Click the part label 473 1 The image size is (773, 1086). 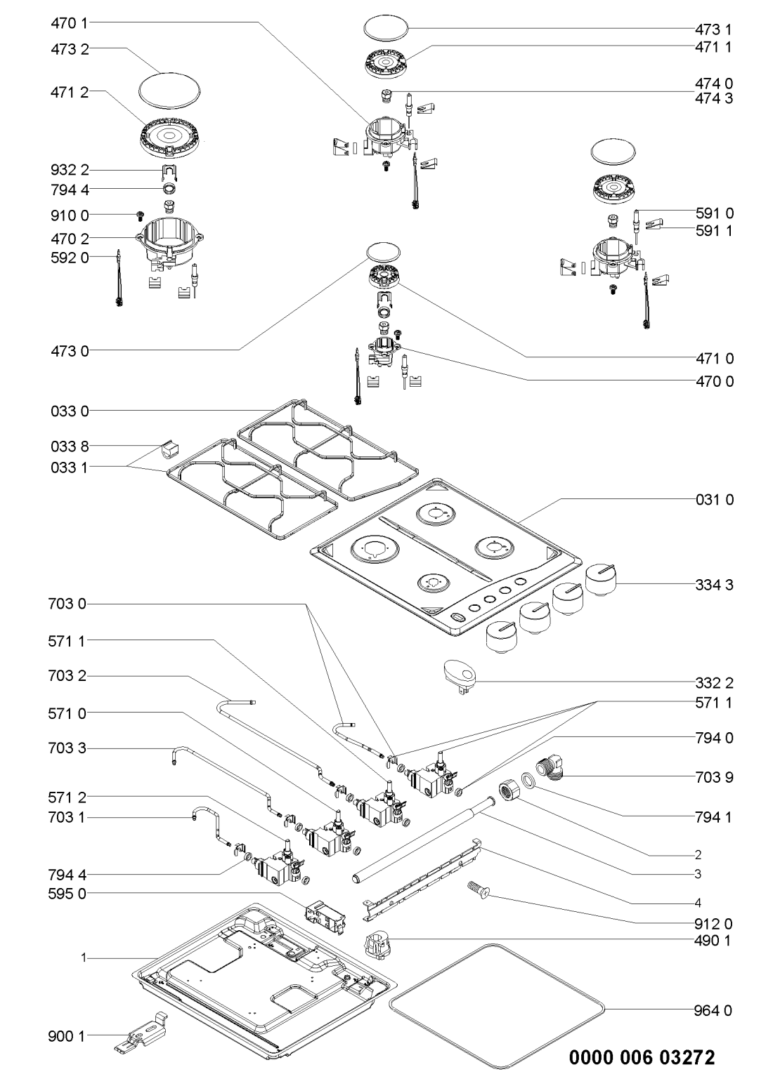(x=713, y=29)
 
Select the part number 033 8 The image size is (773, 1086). (x=70, y=446)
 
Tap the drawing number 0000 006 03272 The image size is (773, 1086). (x=642, y=1058)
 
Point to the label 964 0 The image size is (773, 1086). (x=713, y=1011)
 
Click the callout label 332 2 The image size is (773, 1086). (x=713, y=682)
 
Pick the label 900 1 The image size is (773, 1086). (x=70, y=1035)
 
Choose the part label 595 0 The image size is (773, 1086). (x=70, y=894)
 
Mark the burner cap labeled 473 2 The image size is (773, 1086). (x=169, y=88)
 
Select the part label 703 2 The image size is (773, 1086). (x=70, y=676)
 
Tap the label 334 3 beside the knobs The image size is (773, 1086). (x=713, y=584)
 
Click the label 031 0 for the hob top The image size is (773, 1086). (x=713, y=500)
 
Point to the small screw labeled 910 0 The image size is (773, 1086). (x=140, y=214)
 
